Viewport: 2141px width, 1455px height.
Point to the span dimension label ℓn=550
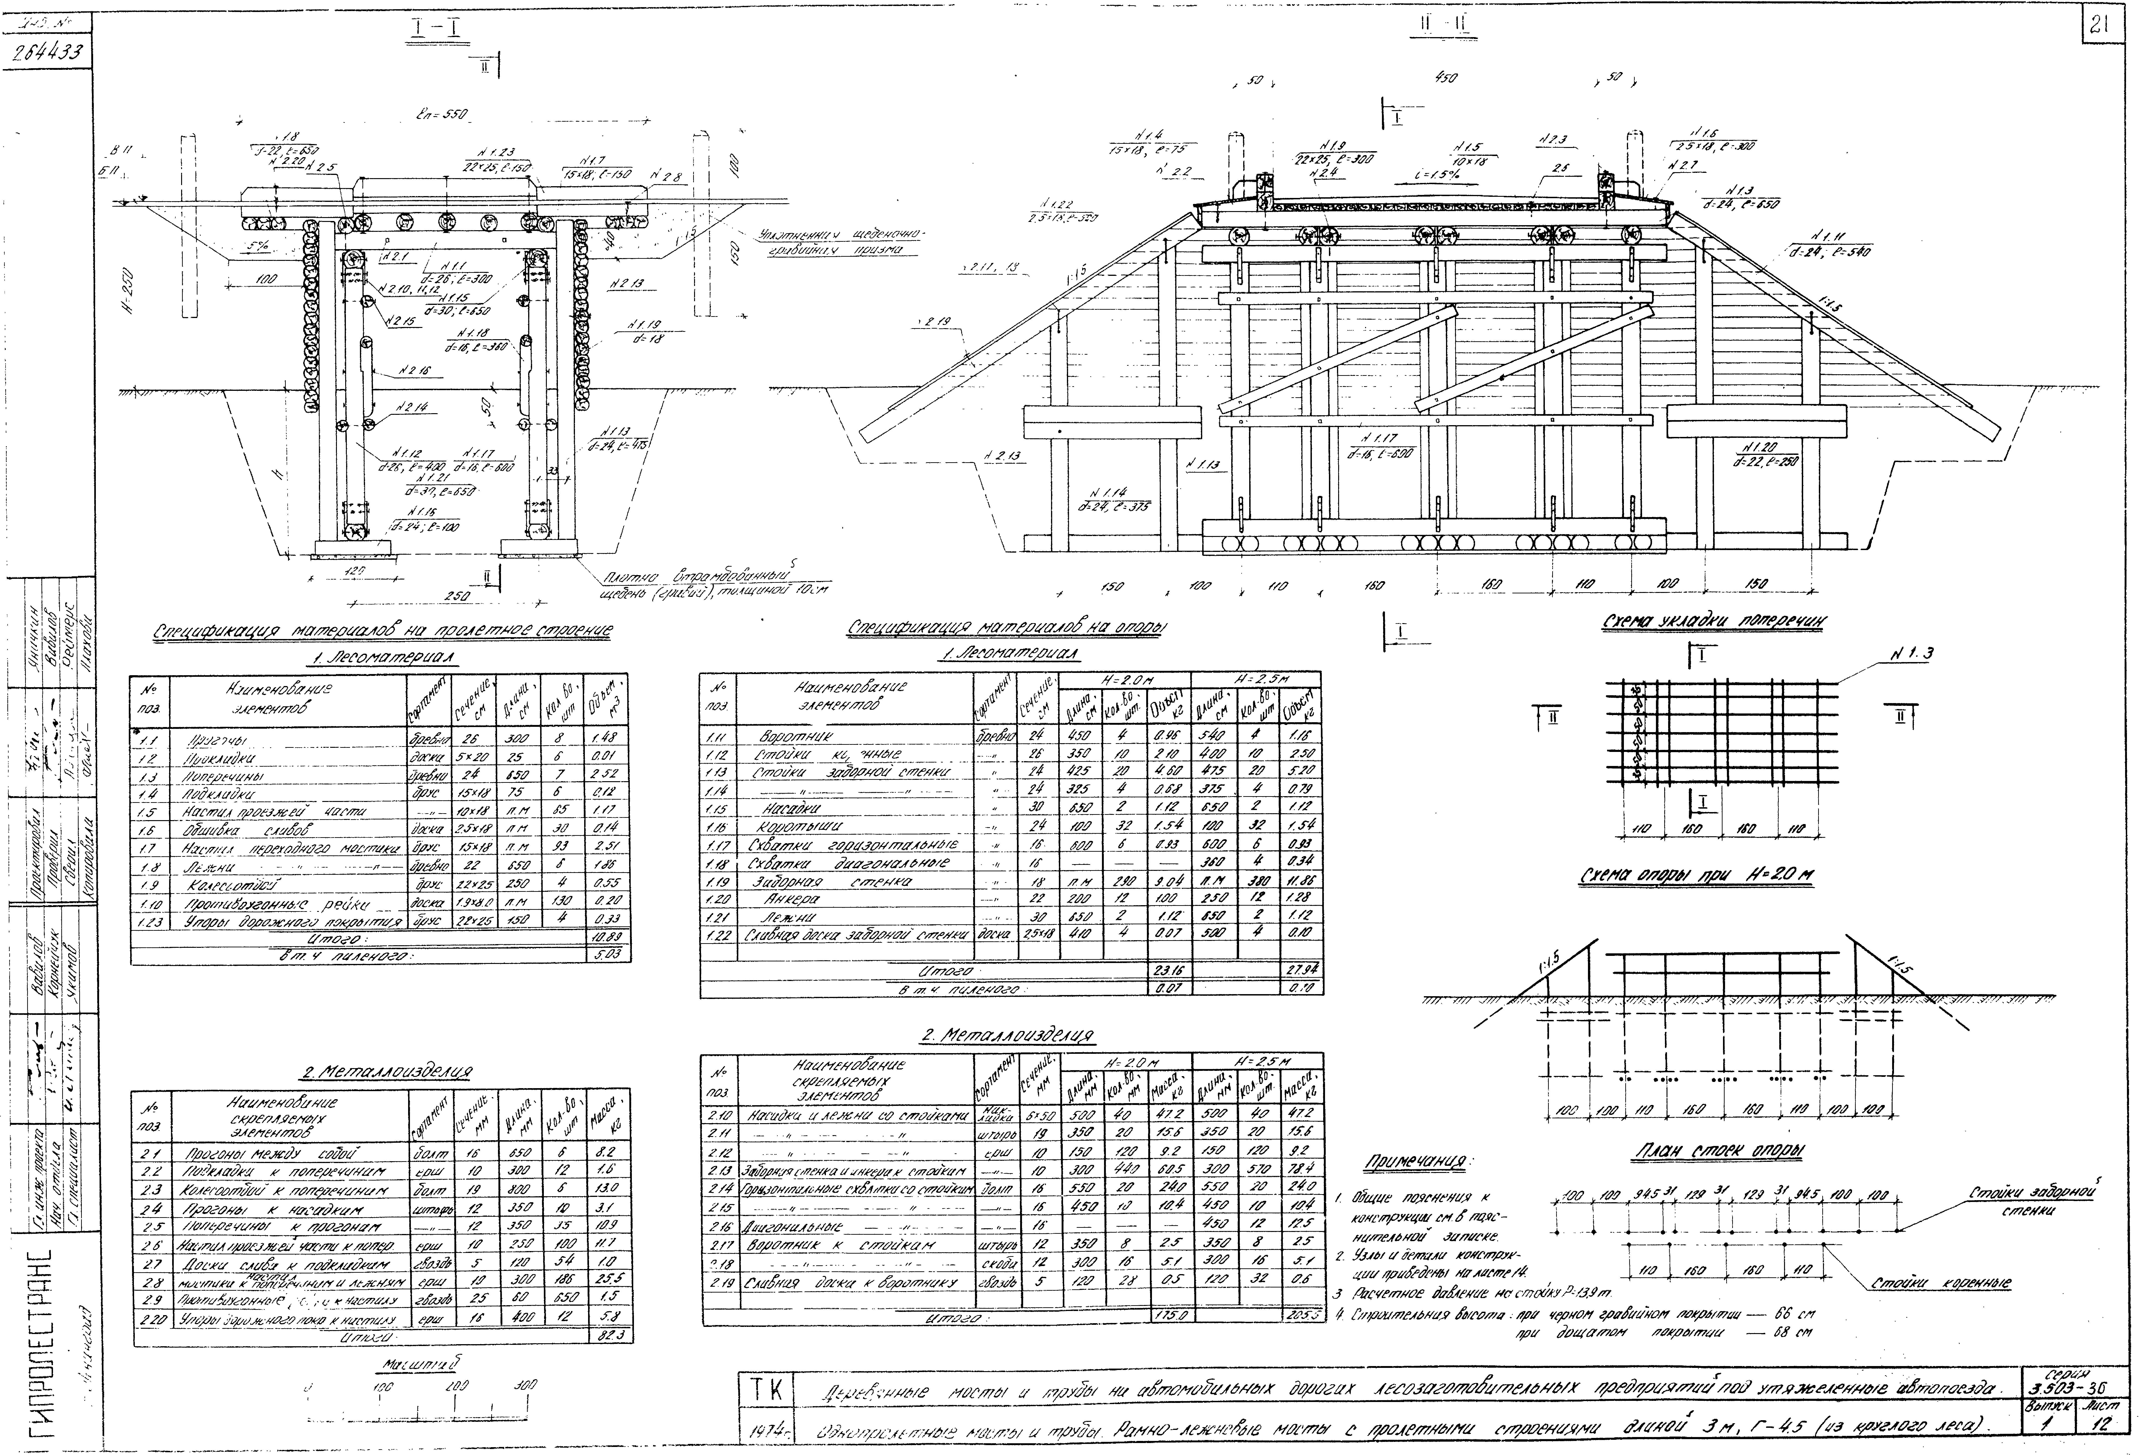coord(442,116)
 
